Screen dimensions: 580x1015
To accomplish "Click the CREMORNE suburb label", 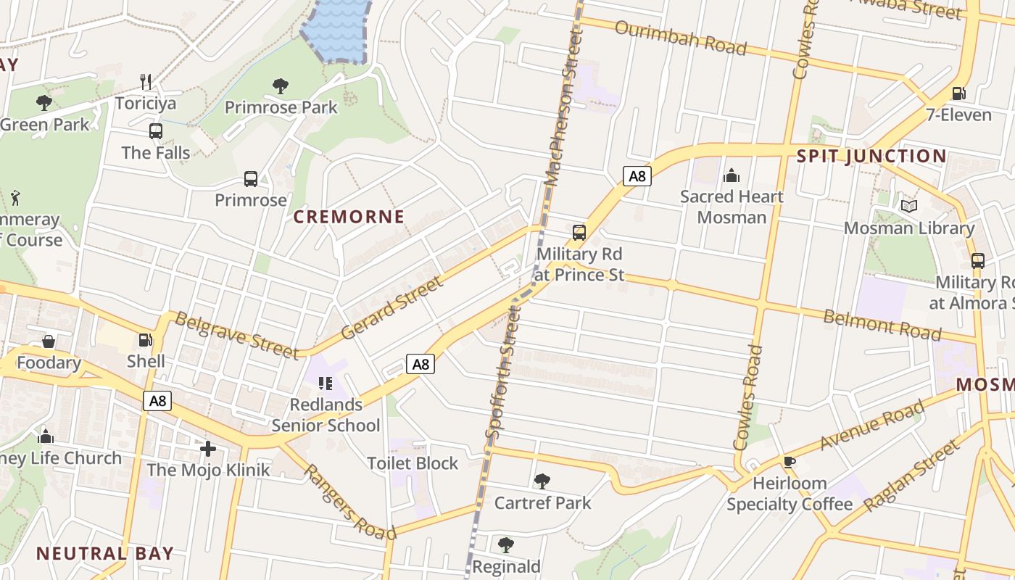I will (x=349, y=217).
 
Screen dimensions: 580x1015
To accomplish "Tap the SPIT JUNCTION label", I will (x=871, y=156).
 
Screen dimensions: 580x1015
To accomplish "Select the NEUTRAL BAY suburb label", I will (x=105, y=553).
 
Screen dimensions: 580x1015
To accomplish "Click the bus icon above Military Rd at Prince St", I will (x=579, y=233).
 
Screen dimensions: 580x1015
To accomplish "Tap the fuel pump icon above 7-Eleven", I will (x=958, y=94).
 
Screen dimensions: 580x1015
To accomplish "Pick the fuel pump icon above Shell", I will (x=146, y=339).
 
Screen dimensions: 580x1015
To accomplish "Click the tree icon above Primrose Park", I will (x=281, y=86).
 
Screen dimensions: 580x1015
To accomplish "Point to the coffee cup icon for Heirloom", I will (x=790, y=461).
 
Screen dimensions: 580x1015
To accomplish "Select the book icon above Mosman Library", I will (x=908, y=207).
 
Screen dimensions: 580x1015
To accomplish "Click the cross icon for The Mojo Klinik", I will (x=208, y=449).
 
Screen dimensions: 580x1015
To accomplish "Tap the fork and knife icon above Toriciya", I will (x=146, y=81).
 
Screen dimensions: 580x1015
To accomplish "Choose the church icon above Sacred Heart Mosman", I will (x=731, y=175).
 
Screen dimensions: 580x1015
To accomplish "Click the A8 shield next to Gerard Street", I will (x=420, y=364).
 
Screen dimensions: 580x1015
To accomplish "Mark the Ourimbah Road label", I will (x=680, y=38).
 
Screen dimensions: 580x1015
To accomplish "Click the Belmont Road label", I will (x=882, y=325).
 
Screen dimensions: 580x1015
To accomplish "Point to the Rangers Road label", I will (x=349, y=502).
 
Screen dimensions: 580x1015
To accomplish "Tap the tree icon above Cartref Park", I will (x=542, y=481).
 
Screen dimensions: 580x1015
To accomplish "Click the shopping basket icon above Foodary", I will (x=49, y=341).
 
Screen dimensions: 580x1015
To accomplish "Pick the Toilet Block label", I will (x=413, y=463).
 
